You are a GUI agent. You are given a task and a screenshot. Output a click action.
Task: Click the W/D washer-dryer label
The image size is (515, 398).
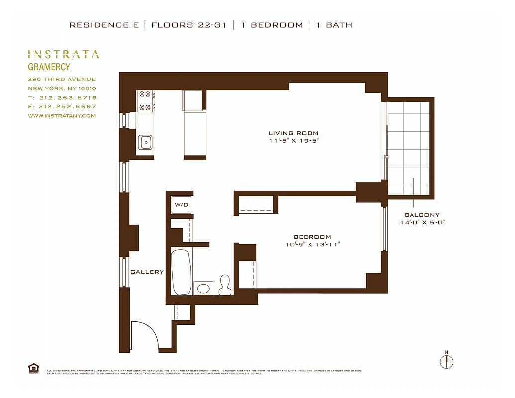point(181,205)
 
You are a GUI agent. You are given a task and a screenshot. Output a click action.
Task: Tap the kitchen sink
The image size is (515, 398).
point(145,142)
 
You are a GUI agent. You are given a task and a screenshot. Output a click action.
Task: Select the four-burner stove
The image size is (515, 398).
point(146,100)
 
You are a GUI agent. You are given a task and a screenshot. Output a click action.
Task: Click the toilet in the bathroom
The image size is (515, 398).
point(226,284)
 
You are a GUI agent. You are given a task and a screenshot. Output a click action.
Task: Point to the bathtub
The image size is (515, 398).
point(181,272)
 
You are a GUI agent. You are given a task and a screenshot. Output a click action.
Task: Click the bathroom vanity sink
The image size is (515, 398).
point(203,288)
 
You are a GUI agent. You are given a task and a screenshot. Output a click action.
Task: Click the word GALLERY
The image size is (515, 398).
point(147,272)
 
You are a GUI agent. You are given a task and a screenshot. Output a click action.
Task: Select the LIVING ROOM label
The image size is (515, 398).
point(294,133)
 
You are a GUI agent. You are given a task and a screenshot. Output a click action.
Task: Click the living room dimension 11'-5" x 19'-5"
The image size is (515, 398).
point(294,141)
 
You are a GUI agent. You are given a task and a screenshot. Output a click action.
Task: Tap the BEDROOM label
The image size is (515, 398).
point(312,237)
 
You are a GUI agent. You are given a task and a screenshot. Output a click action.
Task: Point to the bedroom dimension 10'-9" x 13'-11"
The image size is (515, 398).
point(312,245)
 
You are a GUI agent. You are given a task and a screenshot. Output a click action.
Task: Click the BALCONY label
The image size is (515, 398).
point(422,215)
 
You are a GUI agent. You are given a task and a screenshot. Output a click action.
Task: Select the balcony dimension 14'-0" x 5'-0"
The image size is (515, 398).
point(422,222)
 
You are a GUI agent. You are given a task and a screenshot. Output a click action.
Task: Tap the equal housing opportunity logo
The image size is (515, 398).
point(34,369)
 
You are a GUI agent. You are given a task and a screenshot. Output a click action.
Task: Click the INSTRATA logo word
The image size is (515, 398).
point(63,54)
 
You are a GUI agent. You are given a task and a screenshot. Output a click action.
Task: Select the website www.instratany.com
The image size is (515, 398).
point(62,116)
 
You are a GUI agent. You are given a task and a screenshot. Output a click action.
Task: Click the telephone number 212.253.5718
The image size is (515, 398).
point(66,98)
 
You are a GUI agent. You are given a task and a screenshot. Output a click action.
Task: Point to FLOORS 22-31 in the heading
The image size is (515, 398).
point(189,25)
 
